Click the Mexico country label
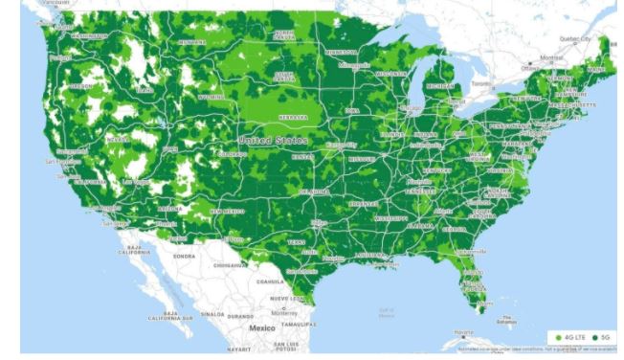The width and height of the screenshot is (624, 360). [x=262, y=327]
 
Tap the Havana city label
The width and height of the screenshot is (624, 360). [x=463, y=332]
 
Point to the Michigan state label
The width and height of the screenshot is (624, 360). [x=439, y=85]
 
